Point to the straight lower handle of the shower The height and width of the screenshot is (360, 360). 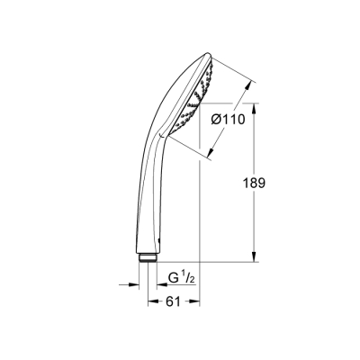pyautogui.click(x=147, y=207)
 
